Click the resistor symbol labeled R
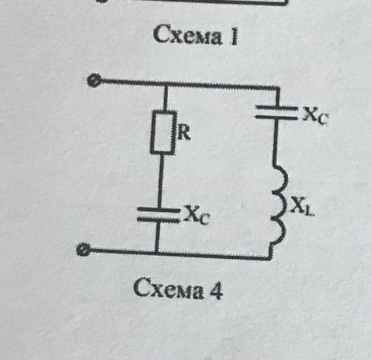pyautogui.click(x=164, y=132)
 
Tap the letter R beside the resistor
pyautogui.click(x=185, y=133)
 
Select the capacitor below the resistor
pyautogui.click(x=158, y=215)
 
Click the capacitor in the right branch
pyautogui.click(x=276, y=112)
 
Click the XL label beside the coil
pyautogui.click(x=302, y=205)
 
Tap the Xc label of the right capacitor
pyautogui.click(x=315, y=115)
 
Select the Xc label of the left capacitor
pyautogui.click(x=197, y=214)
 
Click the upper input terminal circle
pyautogui.click(x=94, y=80)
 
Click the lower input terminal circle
pyautogui.click(x=83, y=250)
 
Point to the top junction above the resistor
pyautogui.click(x=166, y=84)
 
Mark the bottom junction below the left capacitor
pyautogui.click(x=157, y=252)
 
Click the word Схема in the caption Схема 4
pyautogui.click(x=168, y=288)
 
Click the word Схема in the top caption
pyautogui.click(x=187, y=35)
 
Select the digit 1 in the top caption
pyautogui.click(x=234, y=36)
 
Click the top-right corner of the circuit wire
pyautogui.click(x=279, y=88)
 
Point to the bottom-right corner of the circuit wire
pyautogui.click(x=269, y=259)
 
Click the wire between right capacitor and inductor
pyautogui.click(x=275, y=142)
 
